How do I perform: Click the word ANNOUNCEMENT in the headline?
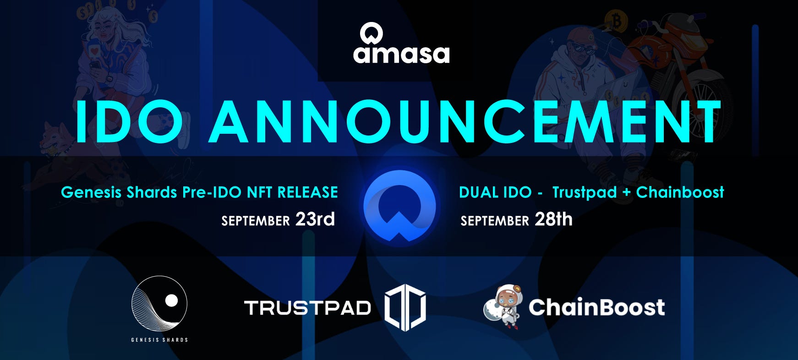(465, 121)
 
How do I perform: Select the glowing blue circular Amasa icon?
(399, 206)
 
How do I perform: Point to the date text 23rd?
(315, 219)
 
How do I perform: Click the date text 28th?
(553, 219)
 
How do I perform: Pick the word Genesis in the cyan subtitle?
(92, 192)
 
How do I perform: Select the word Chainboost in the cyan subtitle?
(680, 192)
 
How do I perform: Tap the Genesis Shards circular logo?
(159, 304)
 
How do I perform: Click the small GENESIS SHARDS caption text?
(159, 340)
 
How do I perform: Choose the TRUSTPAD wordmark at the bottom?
(307, 308)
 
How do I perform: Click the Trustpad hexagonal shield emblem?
(405, 307)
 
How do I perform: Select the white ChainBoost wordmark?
(596, 307)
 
